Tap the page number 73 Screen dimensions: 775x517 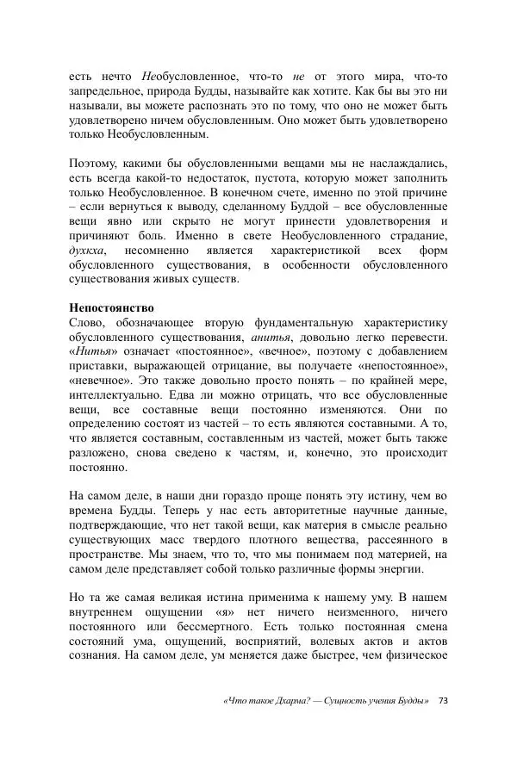443,700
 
